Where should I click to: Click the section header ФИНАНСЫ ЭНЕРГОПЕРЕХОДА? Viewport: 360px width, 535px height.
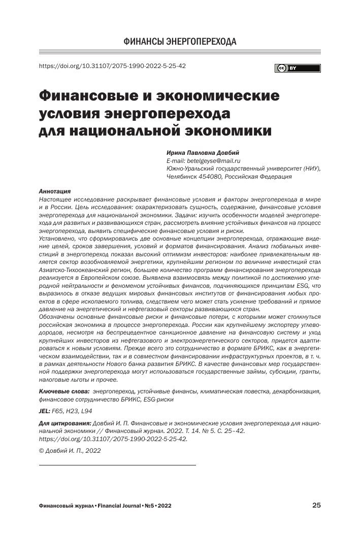pos(180,41)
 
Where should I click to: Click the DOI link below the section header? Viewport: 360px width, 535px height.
pos(112,66)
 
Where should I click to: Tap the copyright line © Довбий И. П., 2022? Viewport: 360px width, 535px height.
pos(70,450)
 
